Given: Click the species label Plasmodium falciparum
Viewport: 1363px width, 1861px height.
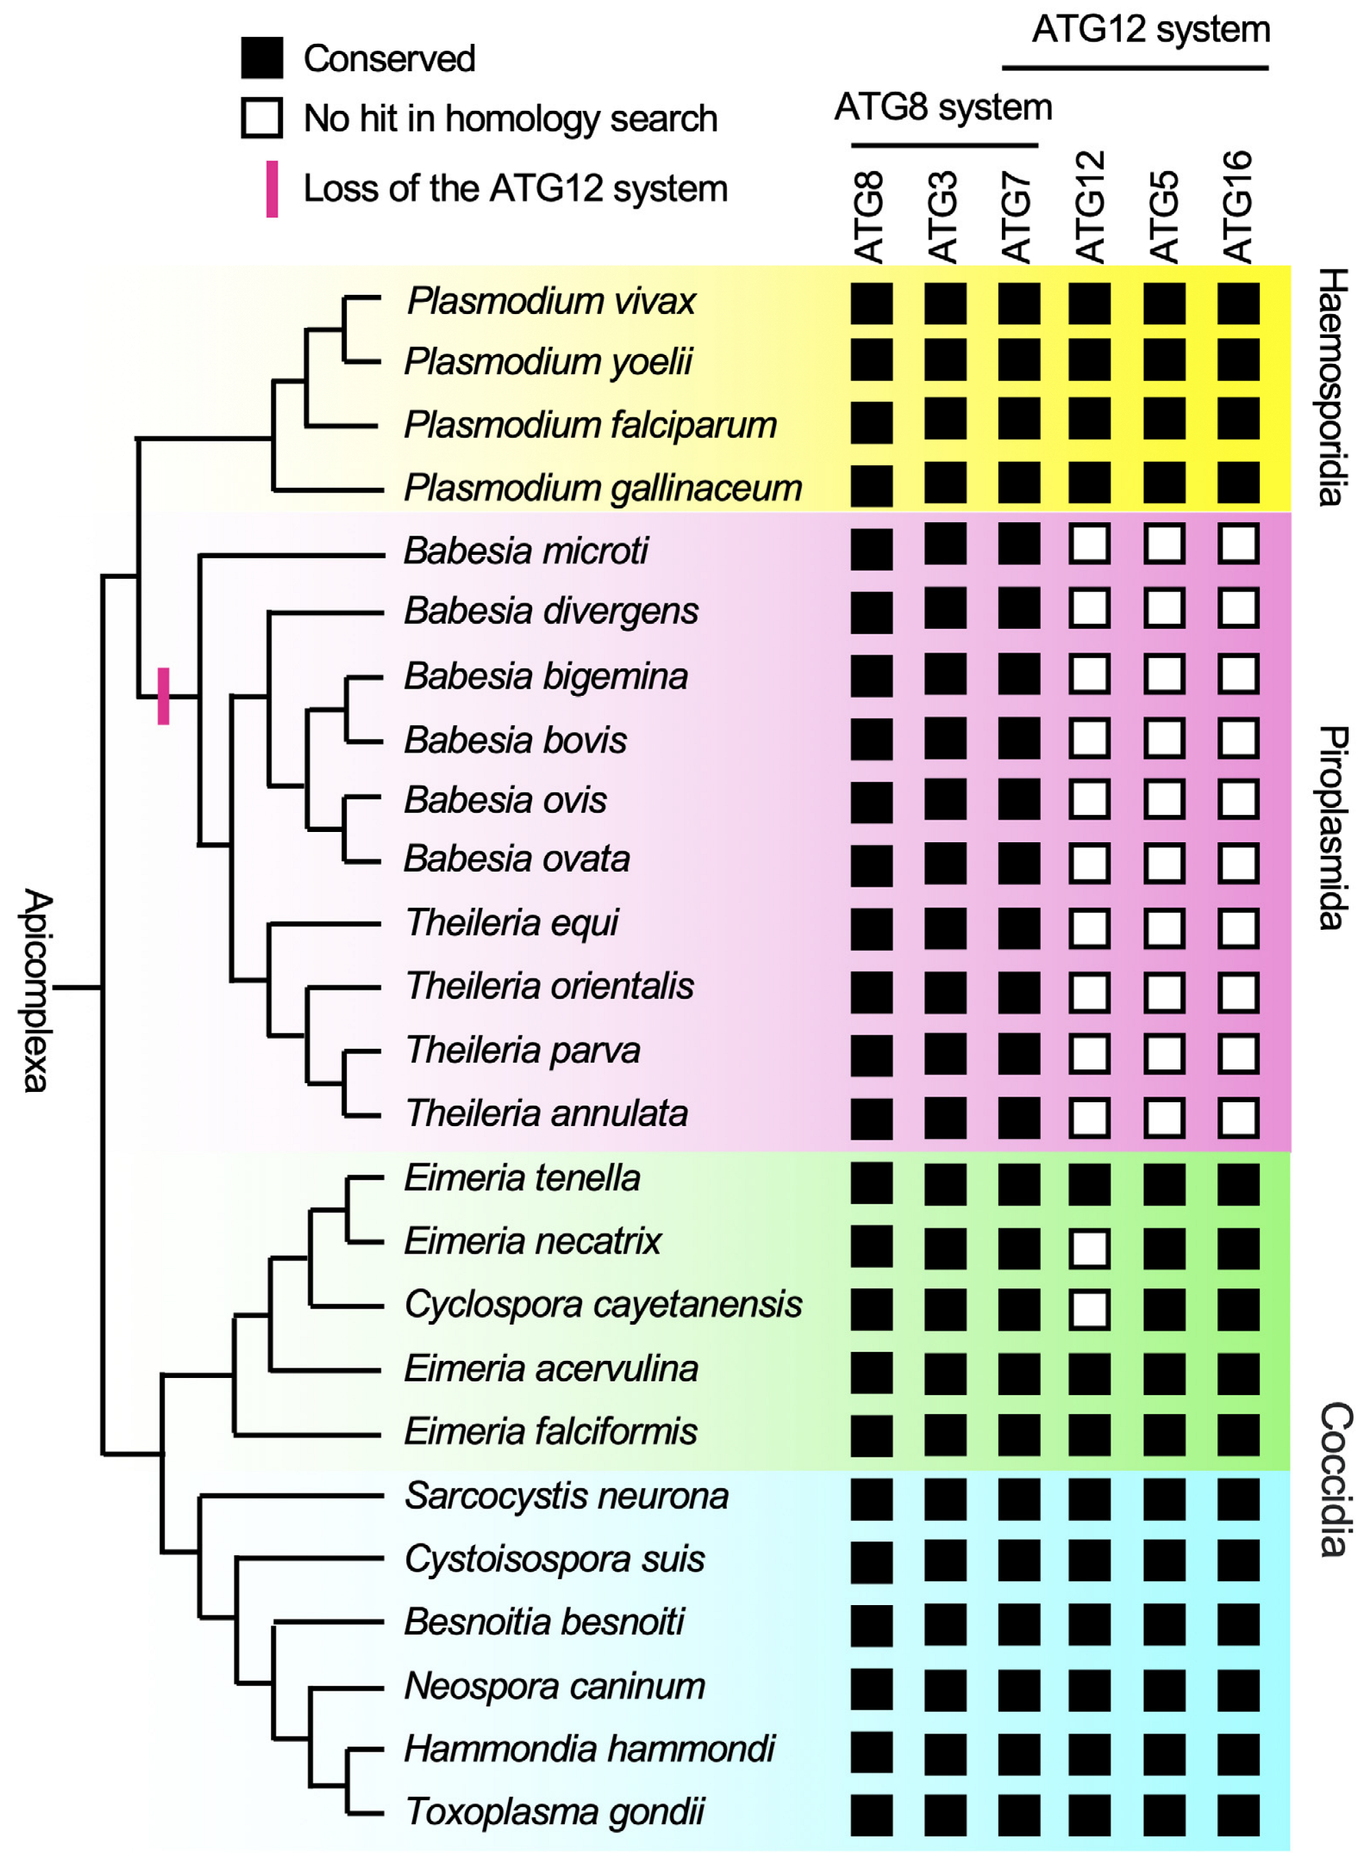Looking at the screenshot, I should click(590, 425).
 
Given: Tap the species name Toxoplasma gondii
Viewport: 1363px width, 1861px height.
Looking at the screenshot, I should click(555, 1812).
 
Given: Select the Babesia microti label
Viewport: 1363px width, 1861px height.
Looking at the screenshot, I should click(525, 551).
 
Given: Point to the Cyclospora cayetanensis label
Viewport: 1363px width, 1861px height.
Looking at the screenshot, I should click(603, 1304).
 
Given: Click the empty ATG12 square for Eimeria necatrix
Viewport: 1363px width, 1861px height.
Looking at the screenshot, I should click(1089, 1248).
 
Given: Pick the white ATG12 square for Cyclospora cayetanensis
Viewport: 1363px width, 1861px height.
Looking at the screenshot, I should click(1089, 1310).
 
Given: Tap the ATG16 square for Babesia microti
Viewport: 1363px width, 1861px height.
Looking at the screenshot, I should click(1238, 545).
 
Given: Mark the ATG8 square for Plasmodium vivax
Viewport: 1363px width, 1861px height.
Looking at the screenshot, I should click(871, 304).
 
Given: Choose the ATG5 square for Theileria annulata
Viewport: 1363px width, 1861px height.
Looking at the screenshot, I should click(1163, 1118).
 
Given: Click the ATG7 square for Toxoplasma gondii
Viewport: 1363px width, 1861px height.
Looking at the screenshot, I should click(1018, 1814).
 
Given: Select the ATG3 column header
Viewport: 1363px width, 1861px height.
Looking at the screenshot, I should click(943, 216).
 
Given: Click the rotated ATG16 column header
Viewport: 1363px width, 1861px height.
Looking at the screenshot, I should click(1238, 207).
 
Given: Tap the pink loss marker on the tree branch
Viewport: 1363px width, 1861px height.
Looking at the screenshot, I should click(163, 696).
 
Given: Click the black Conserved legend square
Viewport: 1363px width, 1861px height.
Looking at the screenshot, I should click(261, 57).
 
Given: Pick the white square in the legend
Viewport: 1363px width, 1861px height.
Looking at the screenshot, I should click(261, 118).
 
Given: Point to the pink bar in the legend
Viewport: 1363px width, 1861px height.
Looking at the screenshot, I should click(272, 189).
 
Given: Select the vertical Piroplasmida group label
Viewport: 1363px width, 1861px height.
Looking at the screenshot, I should click(1332, 828).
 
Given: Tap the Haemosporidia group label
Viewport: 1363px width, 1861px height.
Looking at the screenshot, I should click(1332, 387).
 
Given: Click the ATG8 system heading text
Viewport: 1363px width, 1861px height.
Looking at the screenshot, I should click(942, 107).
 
